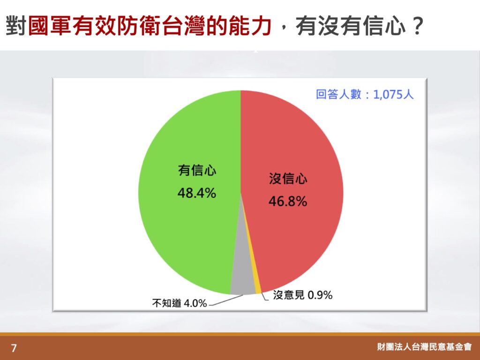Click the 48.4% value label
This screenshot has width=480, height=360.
pos(197,193)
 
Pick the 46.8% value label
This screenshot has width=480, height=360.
pos(288,202)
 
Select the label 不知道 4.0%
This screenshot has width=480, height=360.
pos(180,303)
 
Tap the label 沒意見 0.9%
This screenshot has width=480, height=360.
pos(302,295)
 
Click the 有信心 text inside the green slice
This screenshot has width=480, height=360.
pos(197,170)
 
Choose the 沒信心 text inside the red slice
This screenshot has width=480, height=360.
pos(288,179)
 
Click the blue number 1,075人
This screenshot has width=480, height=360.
pos(393,94)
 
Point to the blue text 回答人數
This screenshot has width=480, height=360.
pos(338,94)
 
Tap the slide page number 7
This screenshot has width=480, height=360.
pos(14,348)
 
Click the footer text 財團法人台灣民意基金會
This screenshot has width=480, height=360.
pos(424,347)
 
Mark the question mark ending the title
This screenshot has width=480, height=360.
pos(417,26)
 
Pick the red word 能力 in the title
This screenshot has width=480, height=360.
pos(250,26)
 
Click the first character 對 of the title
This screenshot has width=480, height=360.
pos(16,26)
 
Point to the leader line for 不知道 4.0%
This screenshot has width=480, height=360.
pos(226,300)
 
